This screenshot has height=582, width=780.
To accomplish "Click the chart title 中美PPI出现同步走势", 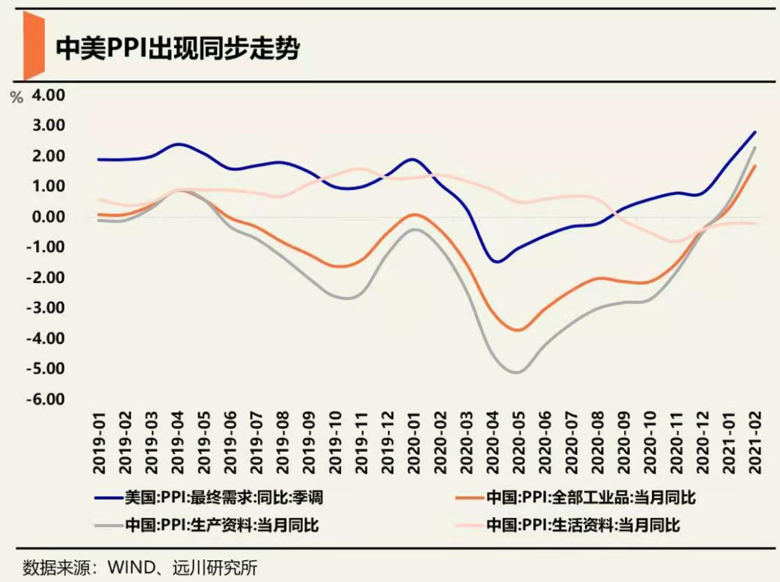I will pyautogui.click(x=177, y=51).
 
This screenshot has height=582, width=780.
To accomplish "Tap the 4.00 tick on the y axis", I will pyautogui.click(x=46, y=95).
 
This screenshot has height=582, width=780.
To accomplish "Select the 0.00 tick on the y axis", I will pyautogui.click(x=46, y=217).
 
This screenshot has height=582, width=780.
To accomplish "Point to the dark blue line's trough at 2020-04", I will pyautogui.click(x=496, y=261).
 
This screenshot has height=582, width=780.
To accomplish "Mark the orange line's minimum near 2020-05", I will pyautogui.click(x=518, y=331).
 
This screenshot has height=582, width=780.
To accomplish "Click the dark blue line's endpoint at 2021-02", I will pyautogui.click(x=755, y=132).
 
